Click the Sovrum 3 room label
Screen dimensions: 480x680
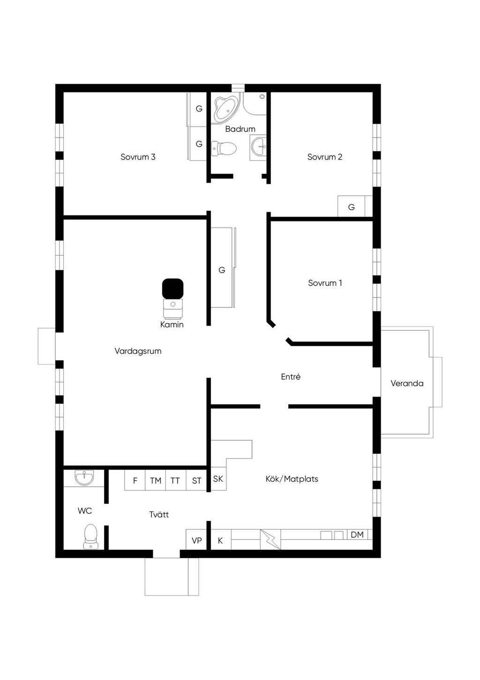[138, 157]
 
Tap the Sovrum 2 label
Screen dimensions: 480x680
[325, 157]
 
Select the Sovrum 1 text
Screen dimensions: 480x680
[325, 283]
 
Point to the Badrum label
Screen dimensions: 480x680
[240, 129]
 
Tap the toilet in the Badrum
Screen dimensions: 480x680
[224, 148]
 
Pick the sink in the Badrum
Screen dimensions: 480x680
[258, 147]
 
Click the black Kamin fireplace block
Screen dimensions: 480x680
[172, 289]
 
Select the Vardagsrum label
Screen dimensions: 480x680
[138, 351]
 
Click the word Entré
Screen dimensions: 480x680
[291, 377]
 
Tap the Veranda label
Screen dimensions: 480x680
[407, 383]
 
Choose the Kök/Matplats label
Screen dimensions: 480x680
[292, 479]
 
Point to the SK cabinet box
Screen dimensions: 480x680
[218, 479]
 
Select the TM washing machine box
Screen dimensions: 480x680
[156, 480]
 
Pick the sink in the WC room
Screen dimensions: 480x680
[84, 478]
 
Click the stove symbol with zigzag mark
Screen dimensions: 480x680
[270, 539]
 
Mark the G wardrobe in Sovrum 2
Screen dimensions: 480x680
[352, 206]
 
